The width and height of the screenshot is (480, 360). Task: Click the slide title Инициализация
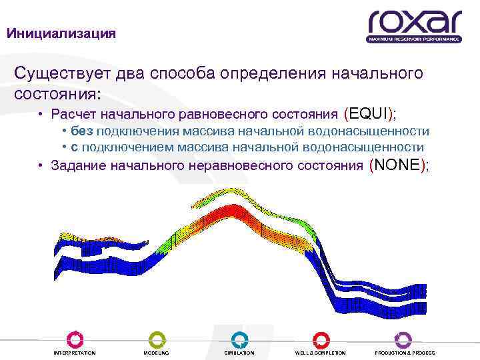coord(61,33)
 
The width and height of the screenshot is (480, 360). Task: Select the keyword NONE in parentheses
coord(397,165)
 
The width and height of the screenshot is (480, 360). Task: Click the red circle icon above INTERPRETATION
coord(74,339)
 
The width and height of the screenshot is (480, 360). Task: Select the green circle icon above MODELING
coord(156,339)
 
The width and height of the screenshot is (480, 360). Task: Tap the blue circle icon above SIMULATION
coord(239,339)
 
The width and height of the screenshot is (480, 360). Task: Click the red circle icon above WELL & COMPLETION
coord(321,339)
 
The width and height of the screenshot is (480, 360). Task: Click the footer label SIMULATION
coord(239,353)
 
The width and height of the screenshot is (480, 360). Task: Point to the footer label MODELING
coord(156,353)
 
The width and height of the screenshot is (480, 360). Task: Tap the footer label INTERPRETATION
coord(74,353)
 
